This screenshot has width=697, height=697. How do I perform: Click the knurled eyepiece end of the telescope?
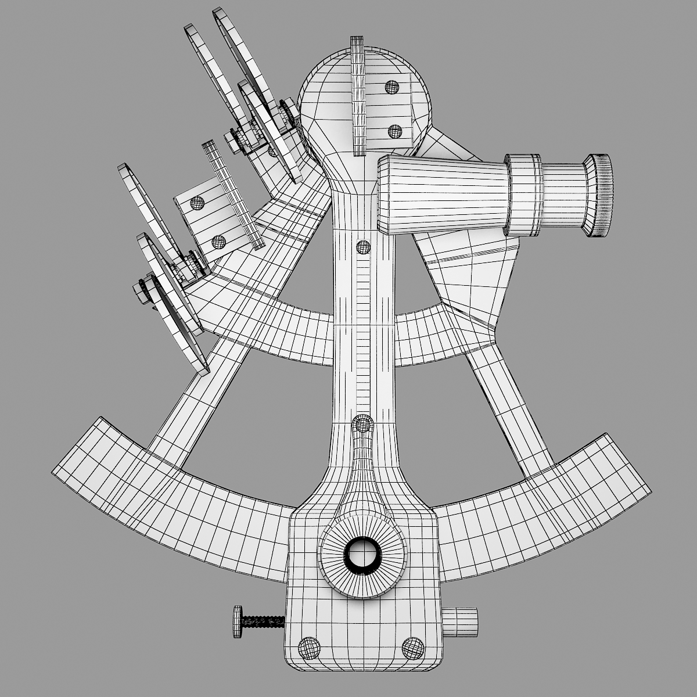[601, 195]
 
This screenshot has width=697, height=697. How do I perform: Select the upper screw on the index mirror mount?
[393, 88]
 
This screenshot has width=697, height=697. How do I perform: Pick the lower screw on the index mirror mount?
[396, 131]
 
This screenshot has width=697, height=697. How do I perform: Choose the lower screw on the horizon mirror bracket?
[218, 240]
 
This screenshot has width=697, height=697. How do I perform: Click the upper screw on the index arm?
[363, 247]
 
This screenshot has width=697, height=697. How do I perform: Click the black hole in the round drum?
[362, 555]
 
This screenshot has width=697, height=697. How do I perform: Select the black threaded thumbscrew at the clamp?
[261, 621]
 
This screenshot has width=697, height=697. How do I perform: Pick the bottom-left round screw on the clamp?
[309, 646]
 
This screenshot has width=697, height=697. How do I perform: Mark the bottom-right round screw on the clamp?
[413, 646]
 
